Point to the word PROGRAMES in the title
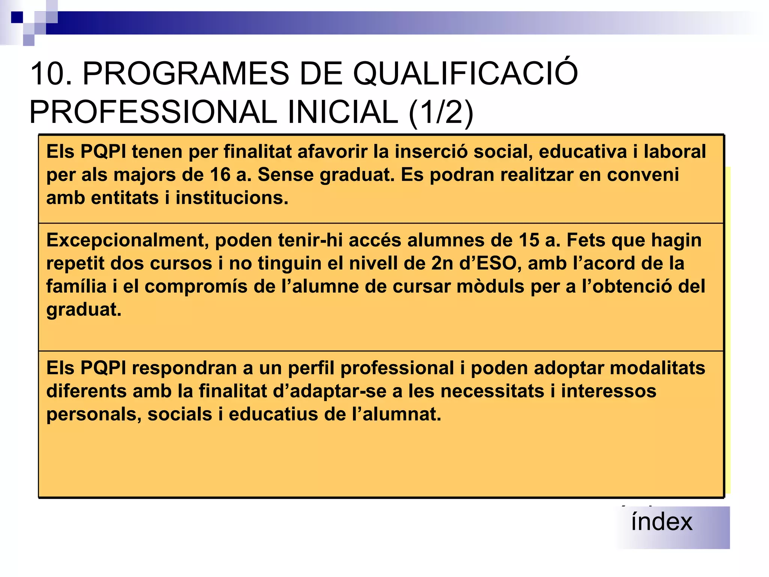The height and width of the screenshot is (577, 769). pyautogui.click(x=186, y=74)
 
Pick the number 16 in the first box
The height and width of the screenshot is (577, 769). pyautogui.click(x=220, y=175)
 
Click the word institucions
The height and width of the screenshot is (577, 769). pyautogui.click(x=232, y=198)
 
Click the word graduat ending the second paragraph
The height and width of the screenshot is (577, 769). pyautogui.click(x=84, y=310)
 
